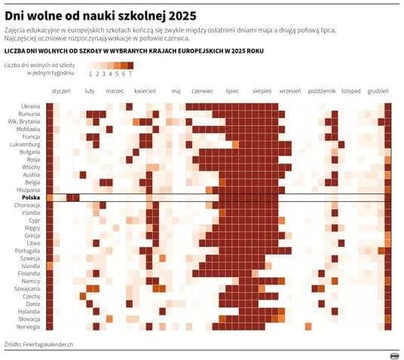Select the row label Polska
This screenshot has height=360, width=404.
click(30, 197)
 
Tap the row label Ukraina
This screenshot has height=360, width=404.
click(30, 105)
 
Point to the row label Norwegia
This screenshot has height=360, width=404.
click(29, 326)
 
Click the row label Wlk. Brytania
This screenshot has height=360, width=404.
click(24, 121)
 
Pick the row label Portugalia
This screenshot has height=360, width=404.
click(26, 250)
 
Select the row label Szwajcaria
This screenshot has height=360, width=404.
click(26, 288)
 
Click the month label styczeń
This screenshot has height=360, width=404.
click(60, 90)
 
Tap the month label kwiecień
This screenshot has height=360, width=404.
click(145, 90)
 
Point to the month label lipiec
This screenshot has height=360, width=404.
click(232, 90)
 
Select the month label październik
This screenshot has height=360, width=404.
click(323, 90)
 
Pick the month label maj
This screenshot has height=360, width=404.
click(176, 90)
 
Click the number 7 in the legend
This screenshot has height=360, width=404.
click(130, 74)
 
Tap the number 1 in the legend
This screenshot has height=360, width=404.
click(90, 74)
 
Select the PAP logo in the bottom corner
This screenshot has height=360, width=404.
click(393, 355)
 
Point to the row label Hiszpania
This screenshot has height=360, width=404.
click(28, 190)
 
